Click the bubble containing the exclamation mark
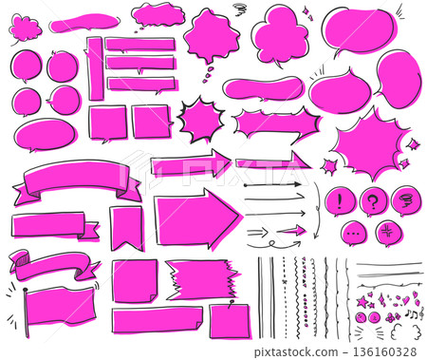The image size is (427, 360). point(341,200)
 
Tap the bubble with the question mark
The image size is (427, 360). point(374,200)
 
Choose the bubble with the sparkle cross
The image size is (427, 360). point(388,232)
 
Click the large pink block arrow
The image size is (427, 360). point(195,218)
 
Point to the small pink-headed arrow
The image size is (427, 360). point(289,230)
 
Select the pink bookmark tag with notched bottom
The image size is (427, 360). point(126,226)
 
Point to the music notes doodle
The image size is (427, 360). point(412,310)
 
